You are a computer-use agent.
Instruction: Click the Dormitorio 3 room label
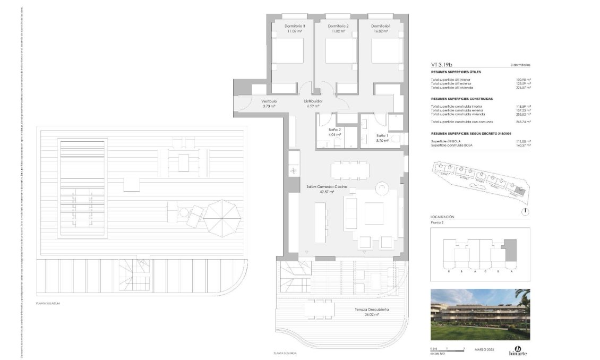[x=295, y=26]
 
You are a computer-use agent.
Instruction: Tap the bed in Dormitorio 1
[x=384, y=52]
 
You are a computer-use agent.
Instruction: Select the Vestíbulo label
[x=269, y=101]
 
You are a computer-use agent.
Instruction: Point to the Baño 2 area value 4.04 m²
[x=335, y=134]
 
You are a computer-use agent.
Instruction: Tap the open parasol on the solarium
[x=222, y=218]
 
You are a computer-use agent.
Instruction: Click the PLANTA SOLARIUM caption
[x=48, y=303]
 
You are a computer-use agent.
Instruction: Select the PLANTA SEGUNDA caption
[x=285, y=353]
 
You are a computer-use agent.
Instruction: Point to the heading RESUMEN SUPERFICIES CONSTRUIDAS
[x=462, y=99]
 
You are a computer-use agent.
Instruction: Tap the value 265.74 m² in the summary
[x=524, y=122]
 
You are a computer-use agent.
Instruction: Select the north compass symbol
[x=525, y=211]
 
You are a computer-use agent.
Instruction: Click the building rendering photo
[x=480, y=314]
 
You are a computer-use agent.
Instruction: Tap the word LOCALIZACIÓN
[x=442, y=217]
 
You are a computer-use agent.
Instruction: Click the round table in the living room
[x=382, y=189]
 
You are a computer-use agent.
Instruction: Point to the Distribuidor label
[x=313, y=101]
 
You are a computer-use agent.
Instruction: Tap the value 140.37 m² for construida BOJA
[x=524, y=145]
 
